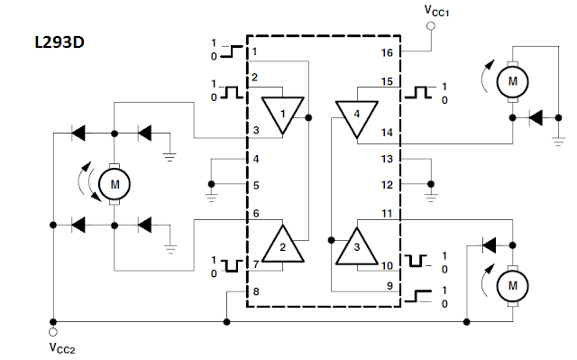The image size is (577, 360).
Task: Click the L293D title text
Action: coord(60,42)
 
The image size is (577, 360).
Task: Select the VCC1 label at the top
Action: coord(436,11)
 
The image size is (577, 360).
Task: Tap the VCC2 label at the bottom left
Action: coord(62,348)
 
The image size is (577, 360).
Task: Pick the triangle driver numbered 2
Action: coord(282,245)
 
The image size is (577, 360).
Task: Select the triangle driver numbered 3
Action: coord(357,246)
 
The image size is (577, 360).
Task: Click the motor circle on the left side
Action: coord(114,184)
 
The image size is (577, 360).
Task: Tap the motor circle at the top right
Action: coord(513,82)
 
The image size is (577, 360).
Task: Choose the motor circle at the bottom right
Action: coord(513,286)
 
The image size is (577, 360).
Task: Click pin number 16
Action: coord(387,53)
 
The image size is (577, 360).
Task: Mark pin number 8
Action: coord(256,291)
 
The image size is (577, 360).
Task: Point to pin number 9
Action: coord(389,286)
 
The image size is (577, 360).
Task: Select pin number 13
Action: coord(387,159)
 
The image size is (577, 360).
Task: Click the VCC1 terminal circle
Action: coord(431,26)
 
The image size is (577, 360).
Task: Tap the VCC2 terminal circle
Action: coord(53,332)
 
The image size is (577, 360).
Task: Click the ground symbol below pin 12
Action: coord(431,198)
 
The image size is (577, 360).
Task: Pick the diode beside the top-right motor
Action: coord(536,118)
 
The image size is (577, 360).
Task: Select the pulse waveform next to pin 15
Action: coord(418,92)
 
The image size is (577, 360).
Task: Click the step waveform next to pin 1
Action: coord(232,51)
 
